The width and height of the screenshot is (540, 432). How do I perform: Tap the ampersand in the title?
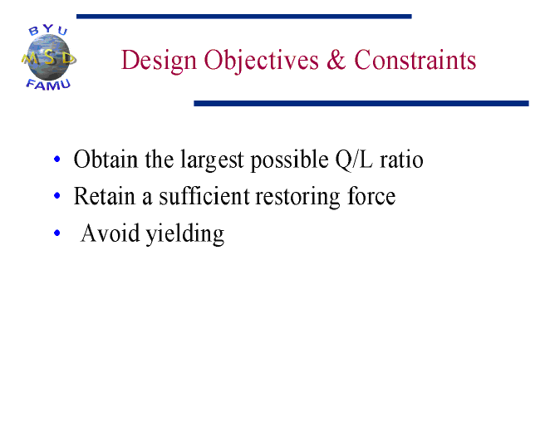point(336,60)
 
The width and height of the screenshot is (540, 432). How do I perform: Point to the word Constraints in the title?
point(415,60)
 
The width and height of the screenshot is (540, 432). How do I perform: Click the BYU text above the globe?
point(48,30)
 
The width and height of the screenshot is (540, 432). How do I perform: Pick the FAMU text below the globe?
point(48,85)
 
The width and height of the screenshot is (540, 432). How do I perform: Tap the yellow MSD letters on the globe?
point(48,58)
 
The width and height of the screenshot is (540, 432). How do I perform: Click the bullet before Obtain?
point(57,159)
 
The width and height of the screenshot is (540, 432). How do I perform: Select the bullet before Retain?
point(57,196)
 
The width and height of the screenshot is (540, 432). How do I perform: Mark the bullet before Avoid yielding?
point(57,233)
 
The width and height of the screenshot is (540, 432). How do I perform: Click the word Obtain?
point(106,160)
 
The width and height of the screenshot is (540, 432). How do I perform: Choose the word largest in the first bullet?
point(212,160)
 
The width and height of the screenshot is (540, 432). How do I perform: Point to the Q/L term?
point(354,160)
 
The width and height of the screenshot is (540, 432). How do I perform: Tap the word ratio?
point(401,160)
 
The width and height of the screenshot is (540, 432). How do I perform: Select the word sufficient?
point(204,196)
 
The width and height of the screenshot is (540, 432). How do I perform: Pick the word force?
point(371,196)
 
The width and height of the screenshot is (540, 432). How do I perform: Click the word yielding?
point(185,234)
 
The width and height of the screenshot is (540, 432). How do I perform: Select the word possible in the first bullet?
point(289,160)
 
